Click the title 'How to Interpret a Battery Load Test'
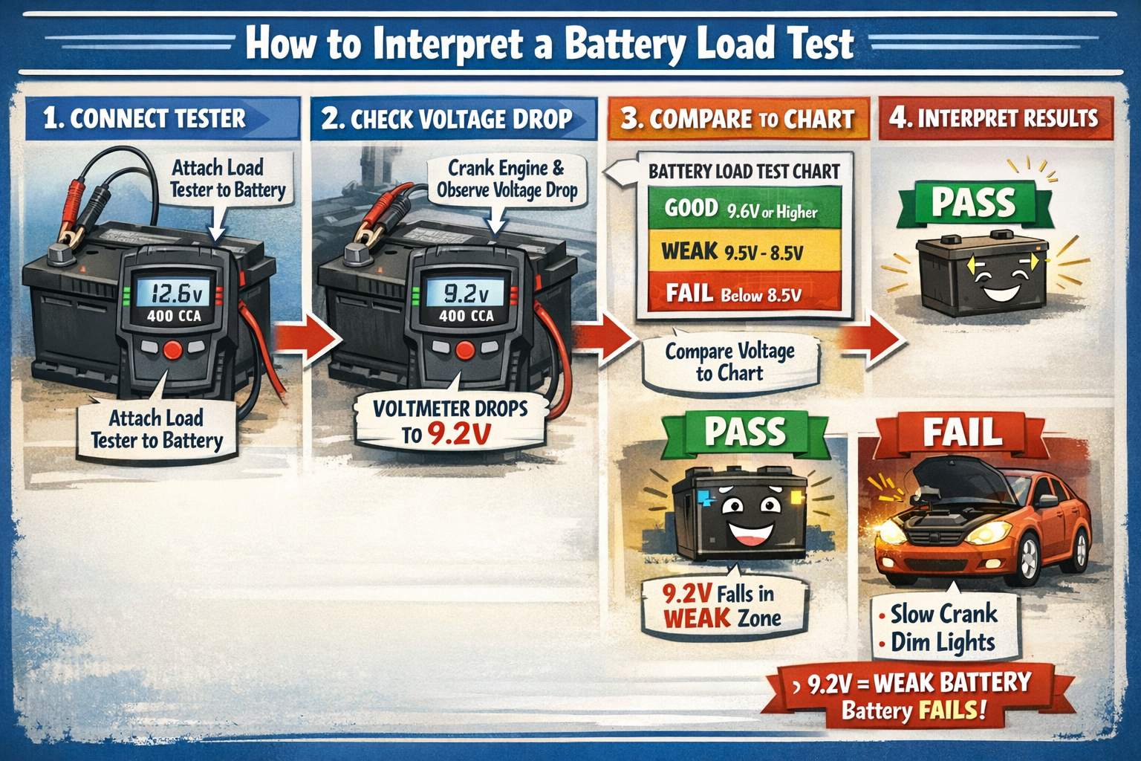tap(550, 43)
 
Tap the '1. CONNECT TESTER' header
tap(145, 119)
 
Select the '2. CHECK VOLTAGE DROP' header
tap(447, 119)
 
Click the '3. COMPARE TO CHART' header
tap(738, 119)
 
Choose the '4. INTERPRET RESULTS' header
tap(994, 118)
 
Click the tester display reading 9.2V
tap(466, 293)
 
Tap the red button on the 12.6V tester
tap(173, 350)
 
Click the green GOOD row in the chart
tap(743, 209)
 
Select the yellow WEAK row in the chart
tap(743, 251)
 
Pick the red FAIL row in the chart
tap(743, 294)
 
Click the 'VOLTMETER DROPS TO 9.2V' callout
tap(450, 421)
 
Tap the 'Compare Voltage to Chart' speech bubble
tap(729, 362)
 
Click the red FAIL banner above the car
tap(962, 433)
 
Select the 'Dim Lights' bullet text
tap(942, 642)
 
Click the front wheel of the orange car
tap(1027, 559)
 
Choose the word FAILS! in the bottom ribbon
tap(952, 710)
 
